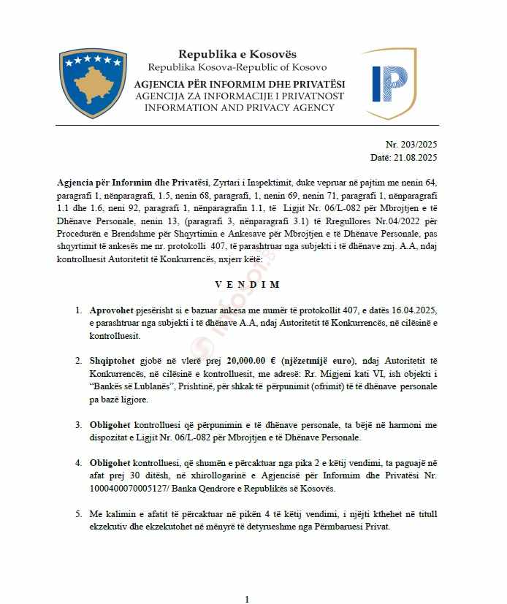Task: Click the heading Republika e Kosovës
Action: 237,55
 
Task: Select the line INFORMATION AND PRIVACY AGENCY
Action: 240,107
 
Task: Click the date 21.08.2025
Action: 416,157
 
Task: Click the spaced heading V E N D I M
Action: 247,284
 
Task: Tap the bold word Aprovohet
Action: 111,310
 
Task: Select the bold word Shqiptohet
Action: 113,361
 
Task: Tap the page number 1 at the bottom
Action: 247,599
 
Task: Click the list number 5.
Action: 78,514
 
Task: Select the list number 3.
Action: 78,424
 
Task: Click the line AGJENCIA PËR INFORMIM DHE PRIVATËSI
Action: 240,85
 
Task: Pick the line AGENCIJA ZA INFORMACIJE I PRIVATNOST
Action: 240,96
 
